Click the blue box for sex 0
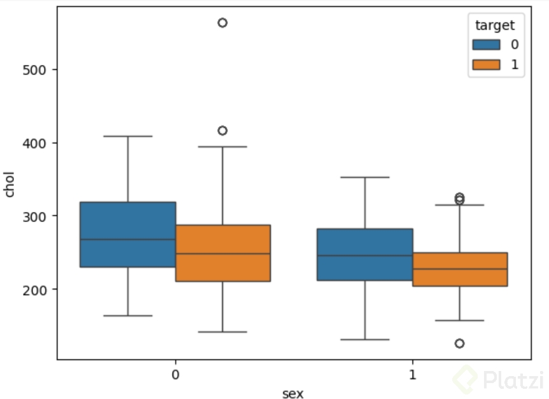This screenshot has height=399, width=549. click(x=128, y=234)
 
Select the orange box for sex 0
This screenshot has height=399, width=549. click(x=223, y=253)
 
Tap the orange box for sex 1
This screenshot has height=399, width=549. click(x=460, y=269)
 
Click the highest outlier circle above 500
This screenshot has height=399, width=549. click(x=222, y=23)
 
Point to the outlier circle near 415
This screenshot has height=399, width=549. click(x=222, y=130)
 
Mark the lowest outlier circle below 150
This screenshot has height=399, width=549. click(x=459, y=344)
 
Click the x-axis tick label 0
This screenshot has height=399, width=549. click(x=175, y=375)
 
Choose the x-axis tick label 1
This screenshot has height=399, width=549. click(x=412, y=375)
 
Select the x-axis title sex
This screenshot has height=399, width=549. click(x=293, y=393)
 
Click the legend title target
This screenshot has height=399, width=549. click(x=495, y=25)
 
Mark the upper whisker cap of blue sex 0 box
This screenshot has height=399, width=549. click(x=128, y=136)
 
